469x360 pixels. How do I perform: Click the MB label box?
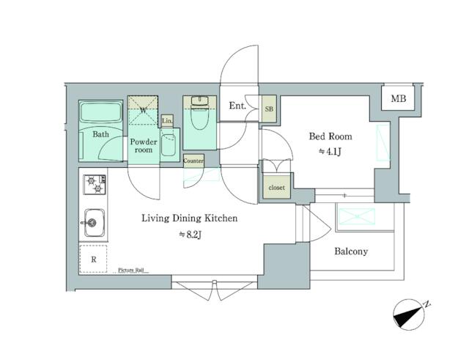click(398, 99)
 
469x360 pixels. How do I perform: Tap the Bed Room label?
click(330, 136)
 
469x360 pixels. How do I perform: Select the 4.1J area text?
click(330, 152)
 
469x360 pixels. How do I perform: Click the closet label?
click(276, 188)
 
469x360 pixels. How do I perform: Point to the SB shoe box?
click(269, 108)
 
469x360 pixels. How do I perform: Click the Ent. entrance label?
click(237, 106)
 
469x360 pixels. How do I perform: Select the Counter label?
click(193, 161)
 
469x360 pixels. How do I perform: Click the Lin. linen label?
click(167, 120)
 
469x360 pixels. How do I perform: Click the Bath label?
click(101, 134)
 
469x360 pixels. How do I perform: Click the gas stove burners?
click(94, 184)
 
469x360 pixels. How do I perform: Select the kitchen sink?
click(94, 221)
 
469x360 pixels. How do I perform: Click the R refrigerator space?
click(94, 259)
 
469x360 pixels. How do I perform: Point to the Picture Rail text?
click(133, 271)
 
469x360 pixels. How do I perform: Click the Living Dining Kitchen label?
click(189, 218)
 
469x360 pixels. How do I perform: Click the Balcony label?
click(351, 251)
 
